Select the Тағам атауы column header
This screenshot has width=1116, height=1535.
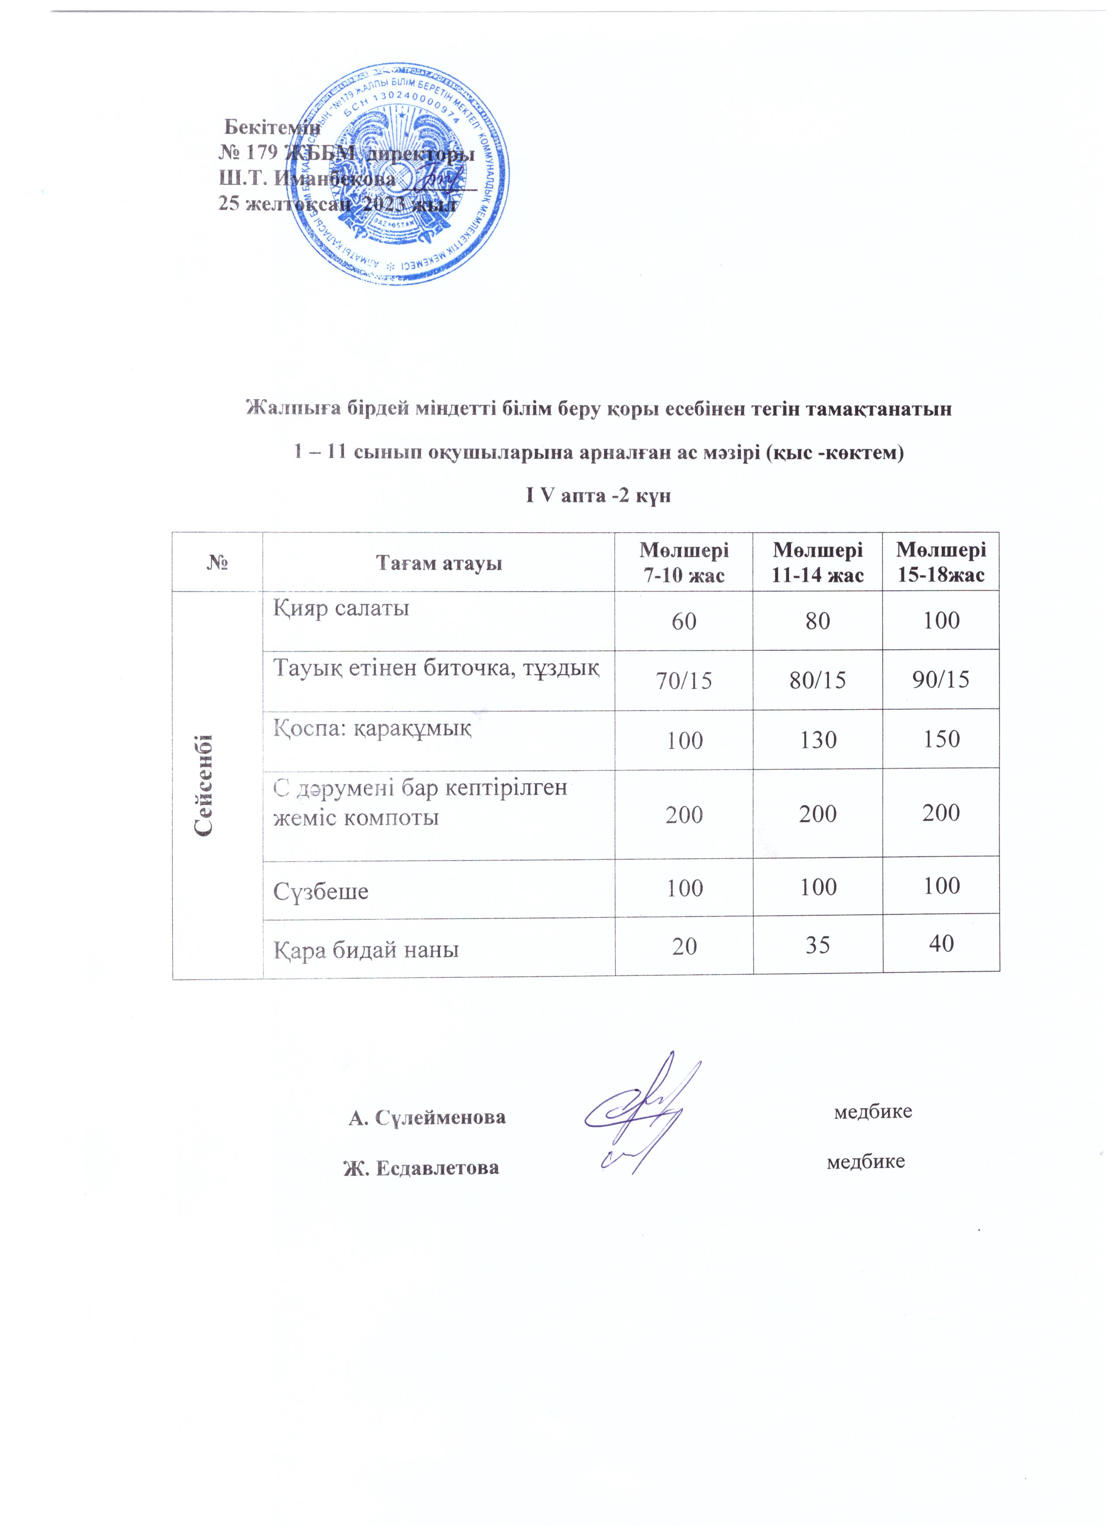point(439,562)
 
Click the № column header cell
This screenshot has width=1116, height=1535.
point(217,562)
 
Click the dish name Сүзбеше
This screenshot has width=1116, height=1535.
point(321,891)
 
